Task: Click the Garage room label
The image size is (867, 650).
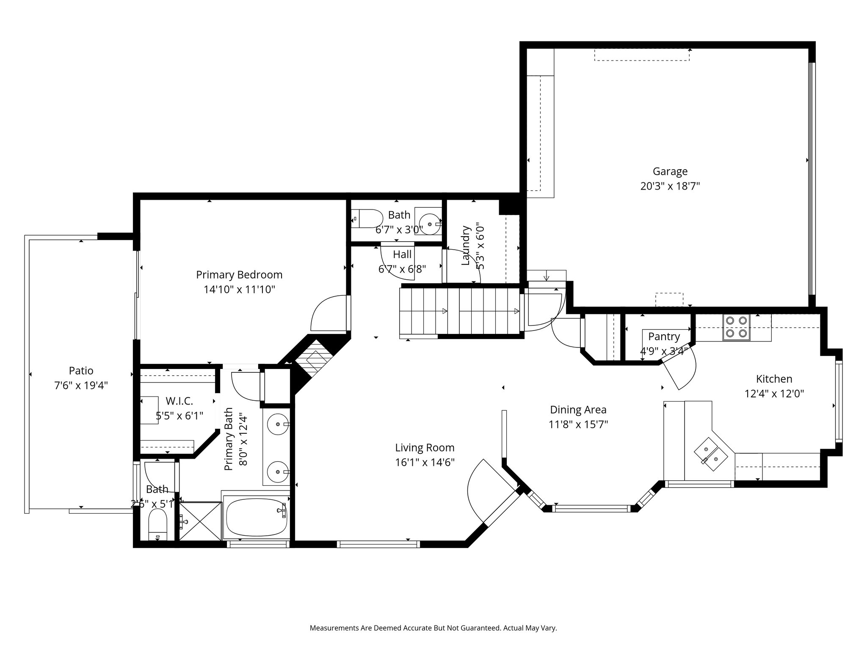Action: click(670, 171)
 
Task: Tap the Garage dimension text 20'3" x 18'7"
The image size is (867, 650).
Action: click(670, 186)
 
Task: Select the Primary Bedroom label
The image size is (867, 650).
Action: click(239, 275)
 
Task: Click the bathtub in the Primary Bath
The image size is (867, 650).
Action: click(256, 516)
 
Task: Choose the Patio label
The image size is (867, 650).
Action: click(81, 371)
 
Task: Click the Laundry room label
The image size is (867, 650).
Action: click(466, 245)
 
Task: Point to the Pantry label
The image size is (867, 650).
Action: click(664, 336)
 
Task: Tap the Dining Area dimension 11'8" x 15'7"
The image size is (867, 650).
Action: click(578, 424)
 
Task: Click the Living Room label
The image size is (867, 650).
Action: click(425, 448)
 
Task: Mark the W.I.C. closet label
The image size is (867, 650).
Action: click(179, 401)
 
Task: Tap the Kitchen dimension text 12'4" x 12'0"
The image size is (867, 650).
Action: click(774, 394)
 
